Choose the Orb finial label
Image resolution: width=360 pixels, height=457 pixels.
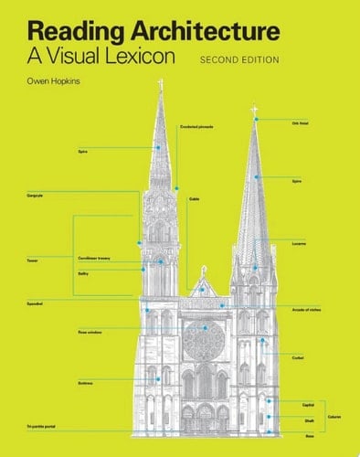pyautogui.click(x=300, y=123)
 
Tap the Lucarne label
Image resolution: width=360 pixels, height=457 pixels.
pyautogui.click(x=298, y=243)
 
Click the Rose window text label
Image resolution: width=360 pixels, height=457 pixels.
pyautogui.click(x=90, y=332)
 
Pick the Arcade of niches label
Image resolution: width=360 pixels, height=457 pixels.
pyautogui.click(x=307, y=311)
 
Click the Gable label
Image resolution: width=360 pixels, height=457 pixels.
pyautogui.click(x=194, y=198)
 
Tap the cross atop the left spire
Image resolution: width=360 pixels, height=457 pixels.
pyautogui.click(x=161, y=85)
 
